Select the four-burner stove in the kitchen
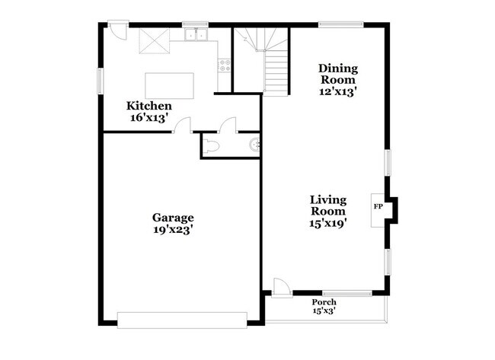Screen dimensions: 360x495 [225, 65]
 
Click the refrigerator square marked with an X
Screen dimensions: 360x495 [153, 42]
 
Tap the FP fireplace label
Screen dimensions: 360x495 [377, 206]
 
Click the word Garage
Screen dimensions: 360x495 [173, 217]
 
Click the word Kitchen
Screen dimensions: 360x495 [149, 106]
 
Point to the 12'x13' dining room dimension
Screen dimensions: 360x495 [338, 91]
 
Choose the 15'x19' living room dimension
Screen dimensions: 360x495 [328, 224]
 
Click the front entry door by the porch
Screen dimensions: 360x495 [281, 287]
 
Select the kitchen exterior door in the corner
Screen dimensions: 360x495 [117, 30]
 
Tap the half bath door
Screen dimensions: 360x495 [227, 126]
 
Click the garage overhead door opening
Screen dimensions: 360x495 [183, 320]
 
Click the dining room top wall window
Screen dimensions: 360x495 [340, 24]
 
